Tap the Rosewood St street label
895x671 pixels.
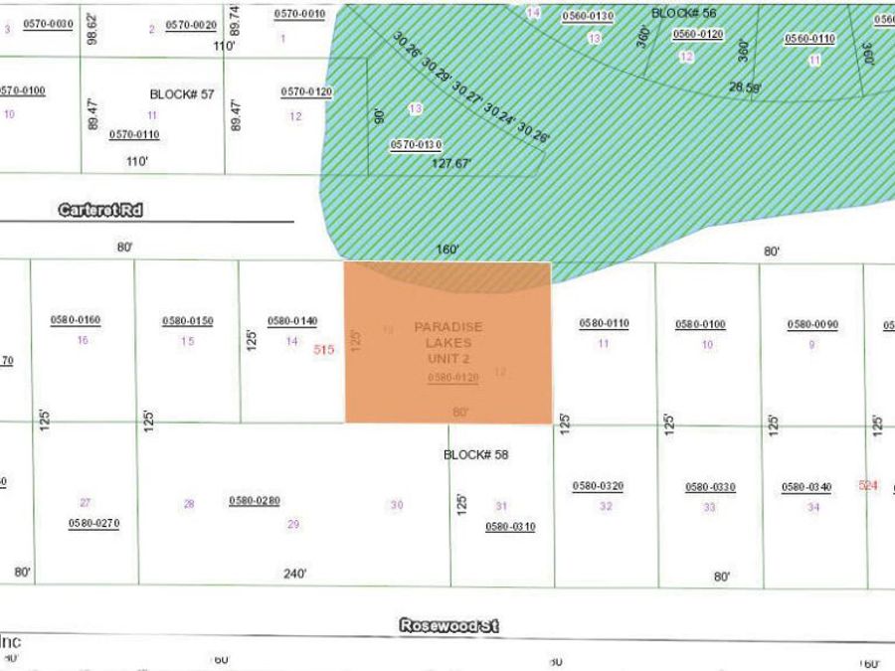click(449, 626)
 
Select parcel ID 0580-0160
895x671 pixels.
click(76, 320)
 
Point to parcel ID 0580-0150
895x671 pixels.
click(188, 321)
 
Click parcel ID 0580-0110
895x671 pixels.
click(604, 324)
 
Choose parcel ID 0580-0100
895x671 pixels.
click(700, 325)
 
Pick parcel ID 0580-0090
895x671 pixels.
click(812, 325)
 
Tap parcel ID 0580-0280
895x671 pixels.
click(255, 501)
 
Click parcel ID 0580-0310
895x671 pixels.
click(510, 527)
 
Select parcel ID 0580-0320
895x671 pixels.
click(598, 486)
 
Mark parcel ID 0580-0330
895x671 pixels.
click(710, 487)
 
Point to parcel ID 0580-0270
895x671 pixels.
click(93, 523)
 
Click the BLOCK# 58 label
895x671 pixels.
click(475, 455)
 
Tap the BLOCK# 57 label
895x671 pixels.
click(182, 94)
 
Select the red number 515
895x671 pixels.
click(323, 350)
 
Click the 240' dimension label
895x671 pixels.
click(294, 574)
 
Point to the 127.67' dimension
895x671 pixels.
click(451, 164)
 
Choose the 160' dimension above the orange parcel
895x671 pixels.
click(447, 250)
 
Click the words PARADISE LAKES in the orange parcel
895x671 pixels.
click(448, 334)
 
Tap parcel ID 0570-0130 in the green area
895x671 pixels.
click(416, 144)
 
